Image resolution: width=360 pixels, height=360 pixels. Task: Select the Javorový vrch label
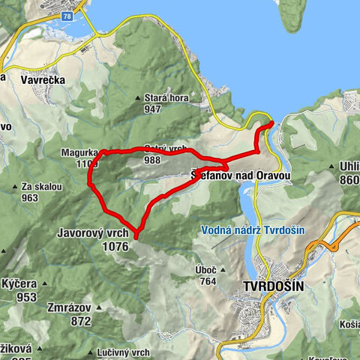(93, 233)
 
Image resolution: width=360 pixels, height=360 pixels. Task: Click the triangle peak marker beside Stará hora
(137, 98)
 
